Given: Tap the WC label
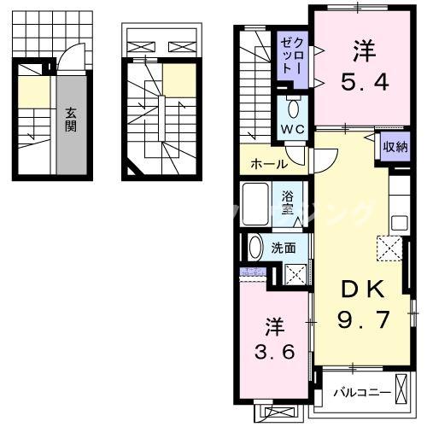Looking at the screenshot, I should click(292, 131).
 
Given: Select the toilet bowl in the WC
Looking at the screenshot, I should click(293, 108).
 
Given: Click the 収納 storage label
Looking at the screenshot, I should click(395, 147).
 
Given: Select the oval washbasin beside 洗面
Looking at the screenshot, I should click(254, 248).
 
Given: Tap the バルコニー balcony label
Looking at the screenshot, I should click(361, 392).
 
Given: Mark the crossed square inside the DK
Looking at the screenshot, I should click(389, 249).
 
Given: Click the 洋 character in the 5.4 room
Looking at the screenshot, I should click(361, 52).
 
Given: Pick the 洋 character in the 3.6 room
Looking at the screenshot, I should click(272, 326).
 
